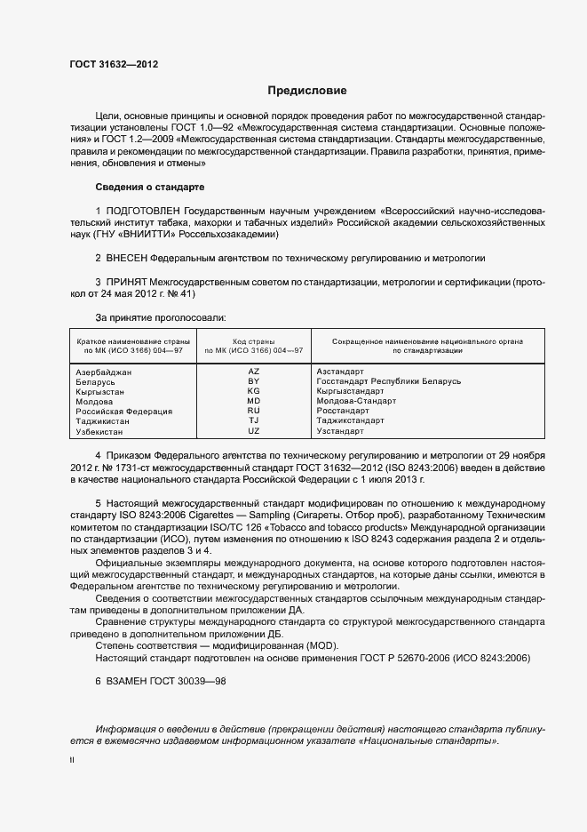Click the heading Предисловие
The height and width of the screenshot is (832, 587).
(x=307, y=91)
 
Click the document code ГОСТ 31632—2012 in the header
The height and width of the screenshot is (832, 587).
(x=114, y=64)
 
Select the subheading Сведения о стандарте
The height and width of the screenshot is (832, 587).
(x=149, y=188)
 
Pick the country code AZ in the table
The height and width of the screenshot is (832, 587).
(x=253, y=371)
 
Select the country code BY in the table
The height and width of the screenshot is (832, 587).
(x=253, y=380)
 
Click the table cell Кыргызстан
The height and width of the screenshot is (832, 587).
(x=100, y=391)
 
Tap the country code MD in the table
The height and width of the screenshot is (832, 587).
(x=253, y=401)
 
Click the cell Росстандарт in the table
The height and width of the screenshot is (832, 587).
(x=342, y=412)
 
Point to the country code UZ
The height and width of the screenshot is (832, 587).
(x=253, y=431)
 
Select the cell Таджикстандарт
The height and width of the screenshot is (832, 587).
(x=350, y=421)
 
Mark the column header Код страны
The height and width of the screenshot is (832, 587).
(x=253, y=340)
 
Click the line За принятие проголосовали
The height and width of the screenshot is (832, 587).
(x=160, y=317)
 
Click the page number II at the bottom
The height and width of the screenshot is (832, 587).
(x=72, y=761)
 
